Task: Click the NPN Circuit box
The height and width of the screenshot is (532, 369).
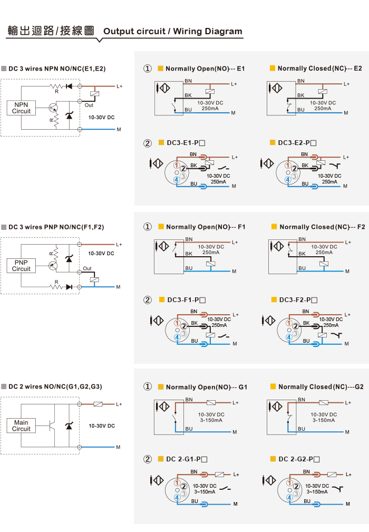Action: click(x=21, y=108)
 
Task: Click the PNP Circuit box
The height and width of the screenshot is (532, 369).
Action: click(x=21, y=266)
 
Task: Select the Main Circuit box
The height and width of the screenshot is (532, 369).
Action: click(x=21, y=425)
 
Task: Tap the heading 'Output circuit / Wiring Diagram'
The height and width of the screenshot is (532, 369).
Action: click(x=172, y=31)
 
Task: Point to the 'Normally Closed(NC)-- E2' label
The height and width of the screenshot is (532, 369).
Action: click(x=319, y=69)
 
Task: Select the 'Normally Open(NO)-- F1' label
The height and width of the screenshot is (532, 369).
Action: click(x=206, y=227)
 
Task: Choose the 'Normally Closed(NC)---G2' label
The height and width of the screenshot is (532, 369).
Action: click(x=321, y=387)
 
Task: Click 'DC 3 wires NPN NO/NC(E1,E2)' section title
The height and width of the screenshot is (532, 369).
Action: click(x=57, y=69)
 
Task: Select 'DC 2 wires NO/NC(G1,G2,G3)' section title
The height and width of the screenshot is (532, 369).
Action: click(x=55, y=386)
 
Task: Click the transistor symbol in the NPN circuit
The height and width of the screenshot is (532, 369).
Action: click(x=53, y=108)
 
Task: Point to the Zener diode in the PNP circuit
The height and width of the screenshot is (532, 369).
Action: click(x=69, y=259)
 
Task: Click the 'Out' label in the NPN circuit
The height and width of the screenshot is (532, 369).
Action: click(x=89, y=105)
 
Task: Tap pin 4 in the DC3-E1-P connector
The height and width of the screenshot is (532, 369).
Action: click(x=177, y=180)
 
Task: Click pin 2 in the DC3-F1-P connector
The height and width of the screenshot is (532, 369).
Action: click(x=184, y=326)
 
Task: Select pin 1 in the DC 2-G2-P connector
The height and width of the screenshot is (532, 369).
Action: click(x=289, y=482)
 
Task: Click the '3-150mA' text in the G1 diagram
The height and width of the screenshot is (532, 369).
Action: click(x=211, y=420)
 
